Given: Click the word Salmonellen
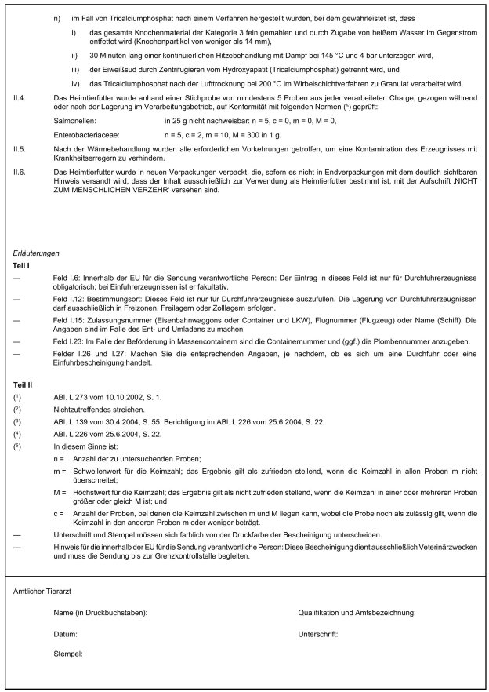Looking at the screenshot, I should (75, 121).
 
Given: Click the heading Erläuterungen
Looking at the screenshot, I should (37, 253).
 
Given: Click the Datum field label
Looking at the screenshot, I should (65, 632).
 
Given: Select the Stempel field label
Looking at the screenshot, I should (68, 653).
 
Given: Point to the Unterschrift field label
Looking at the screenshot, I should (318, 632).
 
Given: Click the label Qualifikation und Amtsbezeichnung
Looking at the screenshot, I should (357, 611).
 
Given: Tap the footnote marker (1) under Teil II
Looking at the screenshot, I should (17, 399).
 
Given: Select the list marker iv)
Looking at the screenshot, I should (75, 84).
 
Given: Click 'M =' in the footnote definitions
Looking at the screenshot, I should (59, 490).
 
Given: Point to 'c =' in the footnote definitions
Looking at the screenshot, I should (58, 512).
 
